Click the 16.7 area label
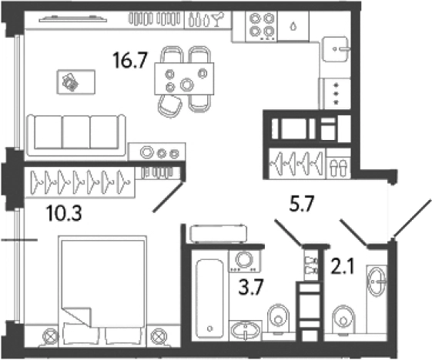pyautogui.click(x=130, y=60)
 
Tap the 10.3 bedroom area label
pyautogui.click(x=64, y=214)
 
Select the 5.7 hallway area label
pyautogui.click(x=302, y=204)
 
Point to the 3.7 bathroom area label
pyautogui.click(x=251, y=286)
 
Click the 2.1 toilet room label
pyautogui.click(x=343, y=266)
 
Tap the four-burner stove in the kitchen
pyautogui.click(x=261, y=27)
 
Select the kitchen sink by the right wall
pyautogui.click(x=336, y=49)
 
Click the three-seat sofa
pyautogui.click(x=76, y=135)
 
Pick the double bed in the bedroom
pyautogui.click(x=102, y=290)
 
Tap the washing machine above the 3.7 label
pyautogui.click(x=244, y=261)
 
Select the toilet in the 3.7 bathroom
pyautogui.click(x=279, y=318)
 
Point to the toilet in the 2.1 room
pyautogui.click(x=343, y=319)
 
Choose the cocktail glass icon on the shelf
pyautogui.click(x=219, y=19)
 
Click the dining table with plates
pyautogui.click(x=184, y=78)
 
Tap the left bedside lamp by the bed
pyautogui.click(x=50, y=336)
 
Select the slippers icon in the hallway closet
pyautogui.click(x=338, y=168)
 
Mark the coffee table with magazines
pyautogui.click(x=76, y=82)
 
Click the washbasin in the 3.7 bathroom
pyautogui.click(x=246, y=330)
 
